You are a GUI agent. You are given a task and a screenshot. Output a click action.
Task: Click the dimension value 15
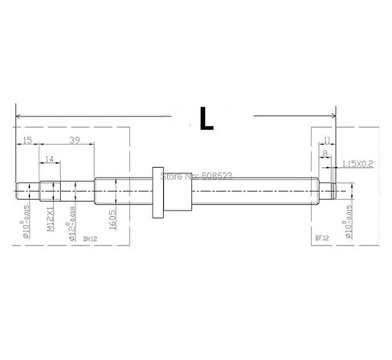click(x=27, y=141)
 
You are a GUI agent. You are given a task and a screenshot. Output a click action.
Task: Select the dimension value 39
click(x=74, y=141)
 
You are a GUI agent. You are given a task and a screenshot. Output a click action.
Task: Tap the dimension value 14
click(x=50, y=161)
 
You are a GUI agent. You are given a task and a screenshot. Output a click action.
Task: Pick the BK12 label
click(x=89, y=239)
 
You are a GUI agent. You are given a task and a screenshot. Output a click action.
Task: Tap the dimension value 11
click(x=327, y=141)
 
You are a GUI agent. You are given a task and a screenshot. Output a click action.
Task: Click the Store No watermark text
click(x=197, y=174)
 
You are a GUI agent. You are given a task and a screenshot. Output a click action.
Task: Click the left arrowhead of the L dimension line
click(x=18, y=116)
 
